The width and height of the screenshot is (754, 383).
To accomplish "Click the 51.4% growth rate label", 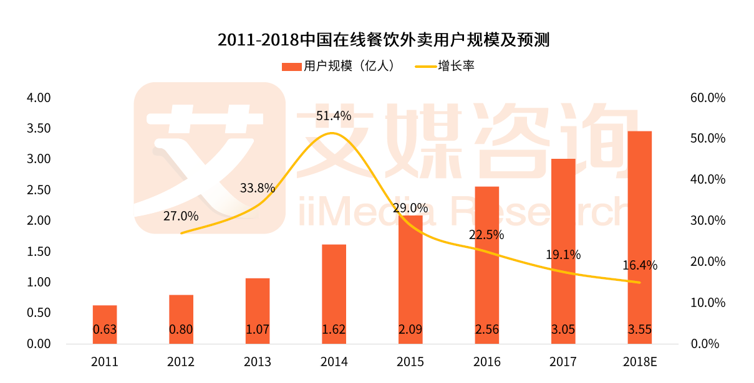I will pyautogui.click(x=334, y=116).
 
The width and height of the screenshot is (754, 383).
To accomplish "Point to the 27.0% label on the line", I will pyautogui.click(x=181, y=216).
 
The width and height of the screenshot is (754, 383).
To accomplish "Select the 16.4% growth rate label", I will pyautogui.click(x=640, y=265).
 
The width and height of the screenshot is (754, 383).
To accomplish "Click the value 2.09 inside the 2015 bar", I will pyautogui.click(x=410, y=329).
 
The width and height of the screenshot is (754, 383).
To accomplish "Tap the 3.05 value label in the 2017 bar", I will pyautogui.click(x=563, y=329).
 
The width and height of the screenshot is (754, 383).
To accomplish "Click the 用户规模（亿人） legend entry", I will pyautogui.click(x=340, y=66).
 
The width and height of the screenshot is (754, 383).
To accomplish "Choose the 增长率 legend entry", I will pyautogui.click(x=445, y=66).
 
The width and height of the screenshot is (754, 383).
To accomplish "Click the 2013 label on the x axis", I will pyautogui.click(x=257, y=362).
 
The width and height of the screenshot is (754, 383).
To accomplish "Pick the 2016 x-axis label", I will pyautogui.click(x=486, y=362).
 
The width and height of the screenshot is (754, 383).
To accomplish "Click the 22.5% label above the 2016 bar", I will pyautogui.click(x=486, y=235).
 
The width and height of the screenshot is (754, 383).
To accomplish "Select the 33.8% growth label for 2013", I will pyautogui.click(x=257, y=187).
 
